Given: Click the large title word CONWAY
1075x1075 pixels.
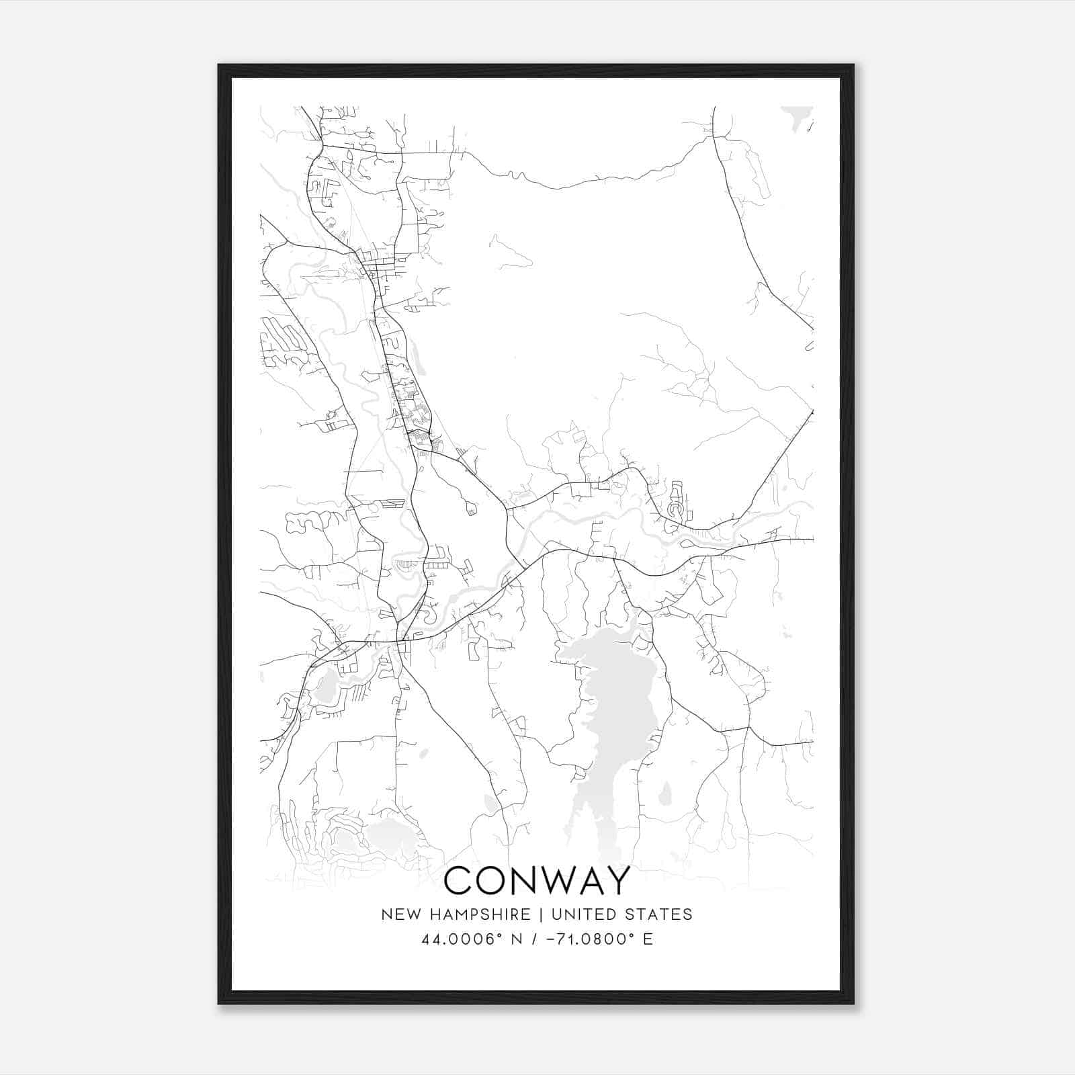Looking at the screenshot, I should [537, 881].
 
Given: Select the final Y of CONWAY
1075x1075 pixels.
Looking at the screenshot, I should [617, 881].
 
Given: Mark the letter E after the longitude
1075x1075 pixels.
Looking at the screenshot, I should [648, 939].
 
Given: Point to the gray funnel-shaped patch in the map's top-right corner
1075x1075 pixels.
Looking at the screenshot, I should [798, 116].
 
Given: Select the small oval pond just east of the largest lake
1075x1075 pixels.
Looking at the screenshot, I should [664, 795].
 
